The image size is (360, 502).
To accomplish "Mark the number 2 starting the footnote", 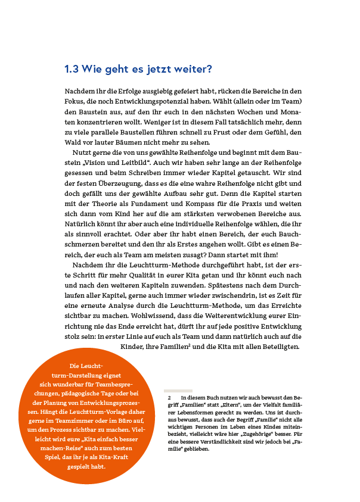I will (169, 396).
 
